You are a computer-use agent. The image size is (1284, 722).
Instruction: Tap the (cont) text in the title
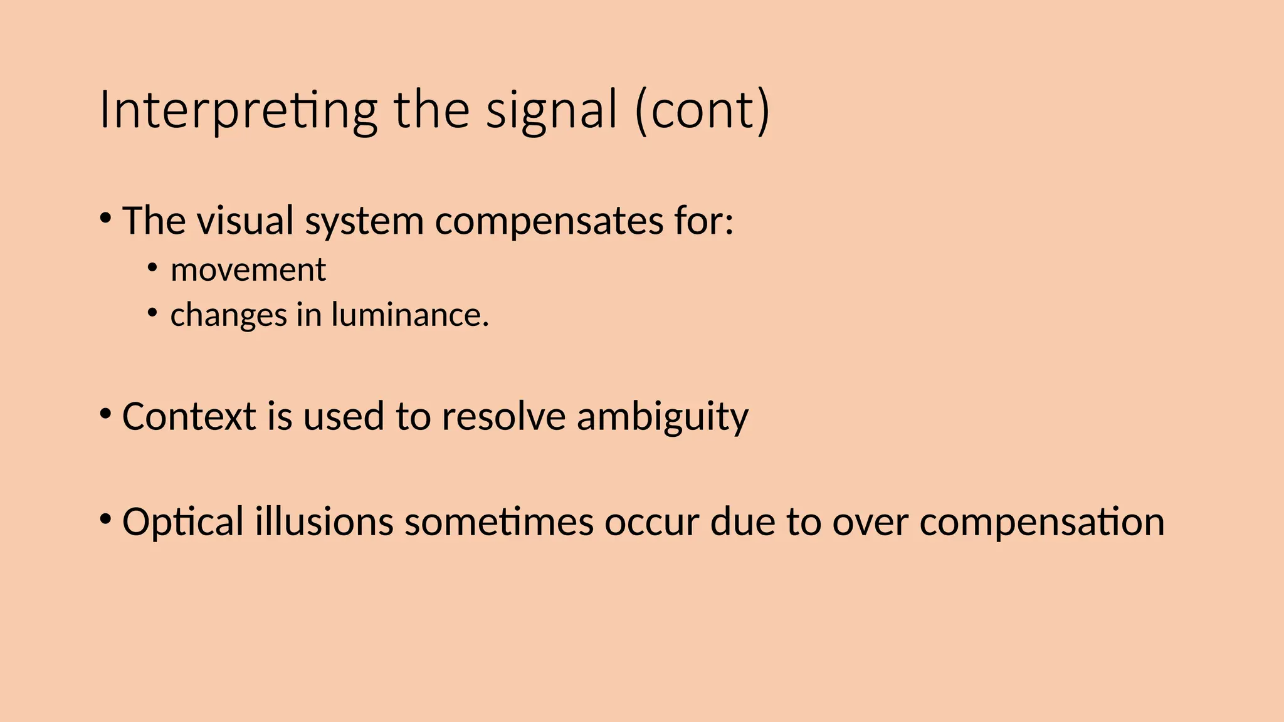[x=702, y=110]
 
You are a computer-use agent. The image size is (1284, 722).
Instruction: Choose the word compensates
[x=549, y=222]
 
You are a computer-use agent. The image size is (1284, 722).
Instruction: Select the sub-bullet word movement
[x=248, y=270]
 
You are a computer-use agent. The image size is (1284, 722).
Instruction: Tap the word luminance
[x=410, y=315]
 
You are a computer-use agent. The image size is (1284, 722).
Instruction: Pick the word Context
[x=189, y=416]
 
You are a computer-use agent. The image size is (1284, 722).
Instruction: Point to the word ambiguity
[x=662, y=417]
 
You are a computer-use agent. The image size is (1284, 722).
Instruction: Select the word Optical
[x=182, y=522]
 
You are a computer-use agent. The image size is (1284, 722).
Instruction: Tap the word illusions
[x=324, y=521]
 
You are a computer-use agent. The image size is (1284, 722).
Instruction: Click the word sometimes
[x=498, y=521]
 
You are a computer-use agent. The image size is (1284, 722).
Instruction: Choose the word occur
[x=651, y=523]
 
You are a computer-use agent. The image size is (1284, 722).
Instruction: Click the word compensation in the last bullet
[x=1041, y=523]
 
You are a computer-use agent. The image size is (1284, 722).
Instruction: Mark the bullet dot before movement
[x=152, y=268]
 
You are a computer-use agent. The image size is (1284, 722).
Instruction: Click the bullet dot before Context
[x=105, y=414]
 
